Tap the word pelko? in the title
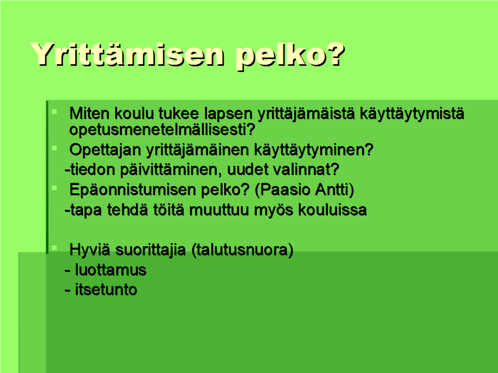point(290,55)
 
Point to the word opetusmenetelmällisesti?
point(162,130)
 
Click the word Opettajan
point(105,150)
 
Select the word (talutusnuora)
point(242,250)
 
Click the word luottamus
point(110,270)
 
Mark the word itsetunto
point(106,290)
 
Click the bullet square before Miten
point(54,112)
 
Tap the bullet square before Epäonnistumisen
point(54,188)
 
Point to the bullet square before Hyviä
point(54,248)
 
